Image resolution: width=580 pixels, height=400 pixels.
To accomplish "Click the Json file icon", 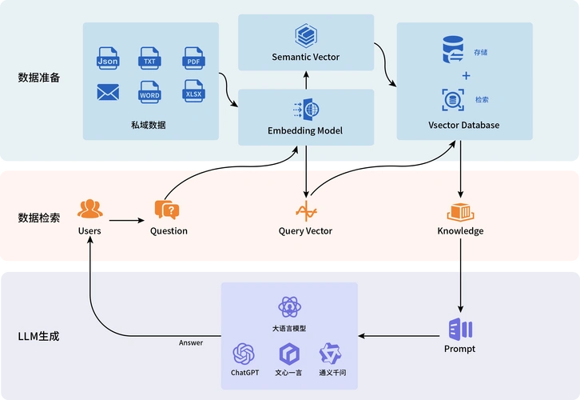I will coord(107,57).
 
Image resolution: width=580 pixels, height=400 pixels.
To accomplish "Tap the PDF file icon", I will coord(194,57).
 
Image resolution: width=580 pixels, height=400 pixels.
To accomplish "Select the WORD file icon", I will coord(149,92).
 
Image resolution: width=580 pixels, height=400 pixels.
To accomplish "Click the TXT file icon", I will coord(149,57).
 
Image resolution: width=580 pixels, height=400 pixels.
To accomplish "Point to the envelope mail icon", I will coord(107,93).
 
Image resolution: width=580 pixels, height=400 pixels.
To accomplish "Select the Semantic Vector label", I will coord(305,57).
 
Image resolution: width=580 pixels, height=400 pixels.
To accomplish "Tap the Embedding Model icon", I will coord(305,110).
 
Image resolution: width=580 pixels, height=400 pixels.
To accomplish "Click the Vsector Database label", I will coord(464,126).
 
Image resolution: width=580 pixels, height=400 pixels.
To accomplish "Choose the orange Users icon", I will coord(90,210).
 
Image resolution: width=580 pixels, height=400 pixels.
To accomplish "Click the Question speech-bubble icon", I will coord(167,210).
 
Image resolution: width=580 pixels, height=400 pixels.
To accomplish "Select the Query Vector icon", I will coord(306,212).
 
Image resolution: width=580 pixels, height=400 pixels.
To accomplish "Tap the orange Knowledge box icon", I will coord(460,212).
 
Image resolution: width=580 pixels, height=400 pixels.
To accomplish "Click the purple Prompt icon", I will coord(460,329).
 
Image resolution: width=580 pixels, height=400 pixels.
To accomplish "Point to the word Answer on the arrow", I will coord(191,343).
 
